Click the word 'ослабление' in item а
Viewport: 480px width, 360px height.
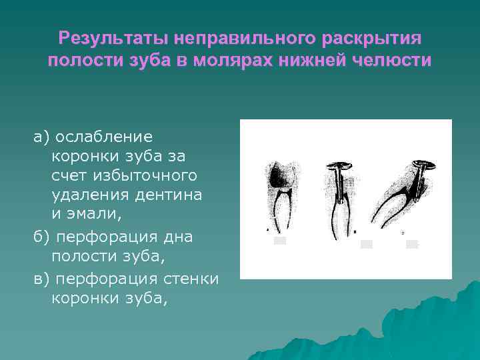104,137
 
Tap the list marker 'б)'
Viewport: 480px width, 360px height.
42,237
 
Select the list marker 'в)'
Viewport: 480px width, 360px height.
42,278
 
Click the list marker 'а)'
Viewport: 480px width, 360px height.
42,137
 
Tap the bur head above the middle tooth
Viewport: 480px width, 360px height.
340,166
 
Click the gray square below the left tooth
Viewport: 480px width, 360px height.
280,241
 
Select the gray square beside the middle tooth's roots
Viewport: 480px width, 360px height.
366,244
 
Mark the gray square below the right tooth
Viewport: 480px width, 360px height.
411,244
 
